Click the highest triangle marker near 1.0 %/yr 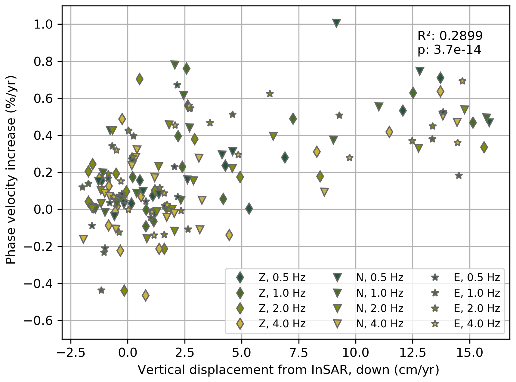336,23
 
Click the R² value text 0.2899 461,36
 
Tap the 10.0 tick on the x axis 356,353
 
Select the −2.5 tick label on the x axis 71,353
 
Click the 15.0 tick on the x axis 470,353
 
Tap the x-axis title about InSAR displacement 288,370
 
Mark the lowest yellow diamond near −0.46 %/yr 146,295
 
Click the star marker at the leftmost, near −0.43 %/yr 101,290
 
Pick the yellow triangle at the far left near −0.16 83,239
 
